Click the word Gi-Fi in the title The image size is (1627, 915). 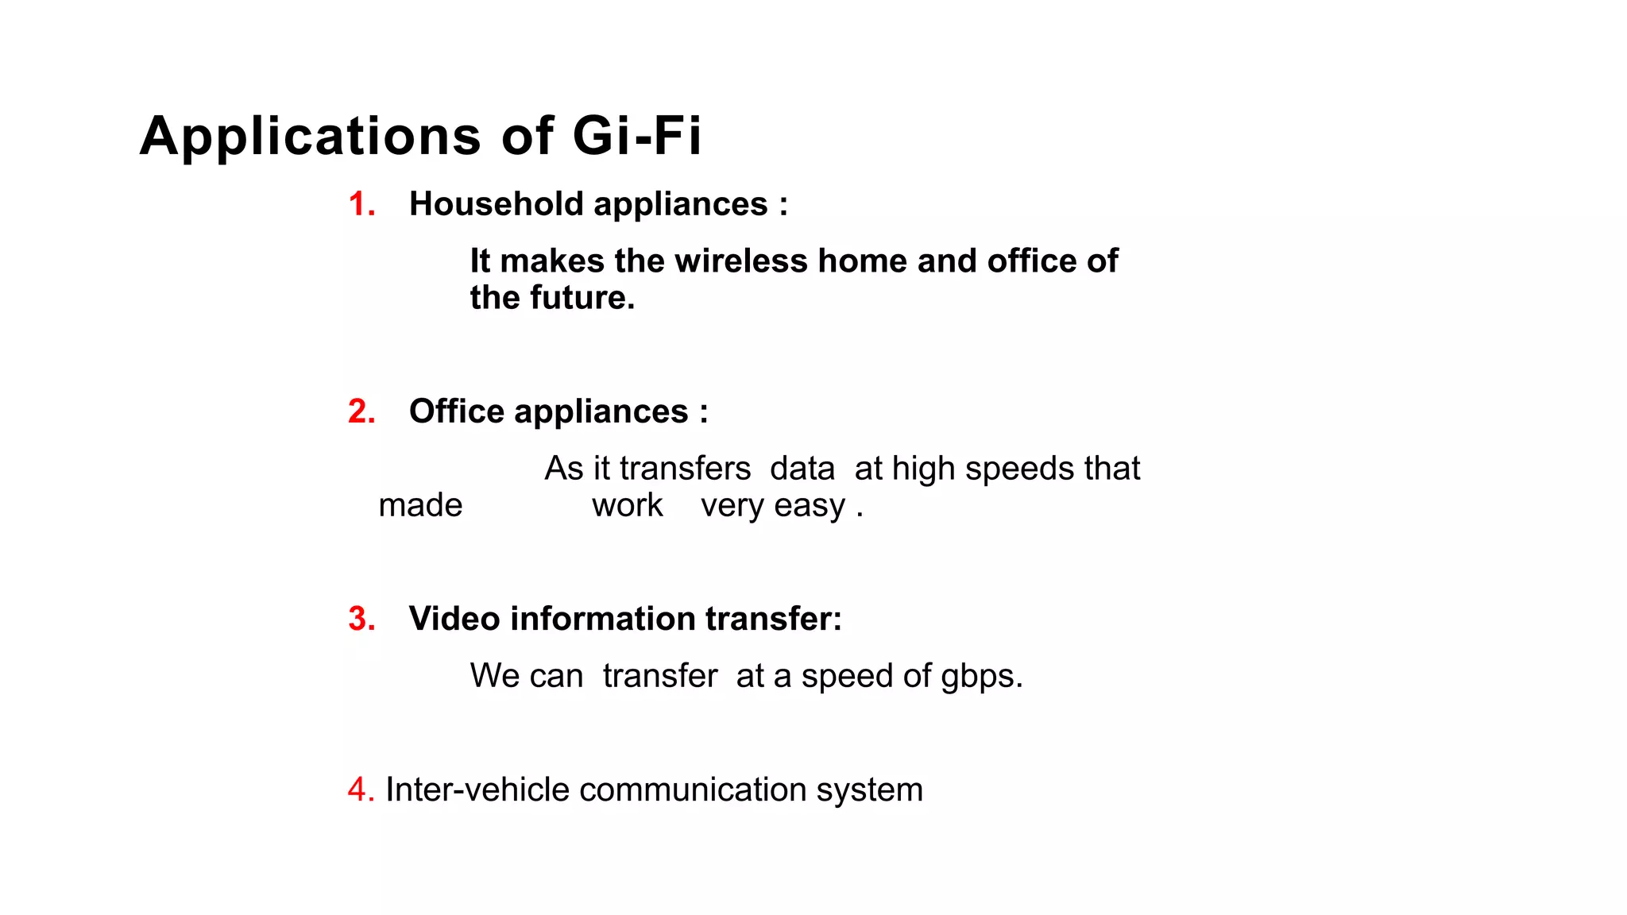pyautogui.click(x=636, y=136)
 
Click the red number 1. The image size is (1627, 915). pyautogui.click(x=361, y=205)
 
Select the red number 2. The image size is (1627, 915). pyautogui.click(x=361, y=412)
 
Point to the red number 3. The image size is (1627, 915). pyautogui.click(x=361, y=620)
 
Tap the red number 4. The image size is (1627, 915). pyautogui.click(x=359, y=790)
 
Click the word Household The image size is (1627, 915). pyautogui.click(x=496, y=205)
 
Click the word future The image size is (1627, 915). pyautogui.click(x=582, y=298)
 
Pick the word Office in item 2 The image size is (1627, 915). pyautogui.click(x=456, y=412)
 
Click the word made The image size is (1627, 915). pyautogui.click(x=420, y=506)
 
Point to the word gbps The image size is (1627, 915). pyautogui.click(x=981, y=677)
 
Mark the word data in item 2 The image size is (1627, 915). pyautogui.click(x=802, y=469)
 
